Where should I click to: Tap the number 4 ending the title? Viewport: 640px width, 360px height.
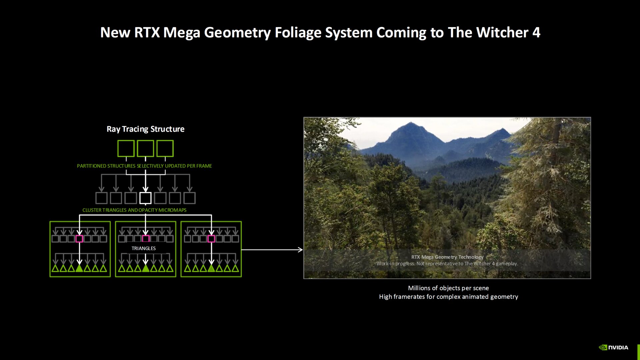tap(536, 33)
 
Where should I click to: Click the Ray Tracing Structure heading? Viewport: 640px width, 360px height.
tap(145, 129)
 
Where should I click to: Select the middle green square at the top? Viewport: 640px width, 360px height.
tap(145, 148)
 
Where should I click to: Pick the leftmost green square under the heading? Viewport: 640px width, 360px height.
tap(126, 148)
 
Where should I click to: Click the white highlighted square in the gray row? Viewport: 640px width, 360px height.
tap(145, 198)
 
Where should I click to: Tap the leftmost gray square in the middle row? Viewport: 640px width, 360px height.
tap(101, 198)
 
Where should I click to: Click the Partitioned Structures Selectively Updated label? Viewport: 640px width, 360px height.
tap(144, 166)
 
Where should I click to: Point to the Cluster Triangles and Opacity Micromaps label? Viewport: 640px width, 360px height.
tap(134, 210)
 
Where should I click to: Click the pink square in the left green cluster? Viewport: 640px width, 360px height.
tap(79, 239)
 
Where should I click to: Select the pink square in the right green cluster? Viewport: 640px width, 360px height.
tap(211, 239)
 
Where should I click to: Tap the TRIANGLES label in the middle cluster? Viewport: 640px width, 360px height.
tap(143, 248)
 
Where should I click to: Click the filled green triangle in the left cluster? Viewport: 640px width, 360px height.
tap(79, 268)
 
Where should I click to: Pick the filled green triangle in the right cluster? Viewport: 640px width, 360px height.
tap(211, 268)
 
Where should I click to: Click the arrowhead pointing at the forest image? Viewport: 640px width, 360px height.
tap(300, 250)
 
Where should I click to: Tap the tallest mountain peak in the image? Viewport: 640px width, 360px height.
tap(411, 124)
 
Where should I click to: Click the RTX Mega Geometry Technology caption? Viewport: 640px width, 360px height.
tap(447, 257)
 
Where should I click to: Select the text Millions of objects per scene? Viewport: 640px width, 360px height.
tap(448, 288)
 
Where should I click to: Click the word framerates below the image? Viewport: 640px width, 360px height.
tap(409, 297)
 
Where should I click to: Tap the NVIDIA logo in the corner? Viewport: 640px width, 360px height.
tap(614, 347)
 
